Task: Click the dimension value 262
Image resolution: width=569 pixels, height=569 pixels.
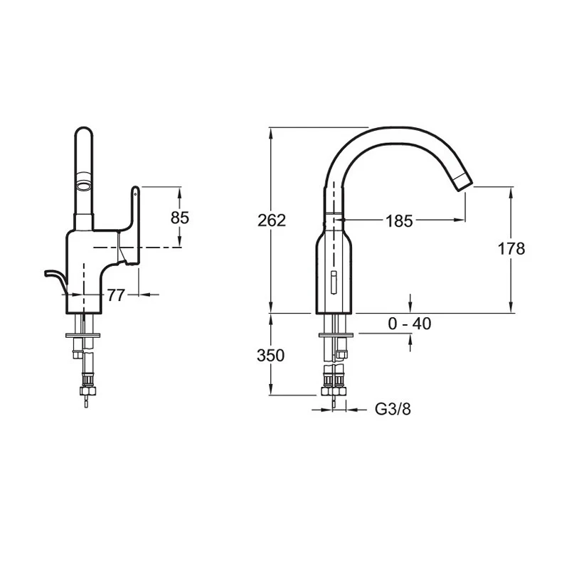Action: [x=272, y=220]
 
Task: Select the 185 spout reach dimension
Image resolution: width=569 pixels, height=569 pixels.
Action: [x=399, y=221]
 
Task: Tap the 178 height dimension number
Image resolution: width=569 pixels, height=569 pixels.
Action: [x=511, y=249]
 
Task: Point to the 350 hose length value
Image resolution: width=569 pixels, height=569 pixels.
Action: [x=271, y=356]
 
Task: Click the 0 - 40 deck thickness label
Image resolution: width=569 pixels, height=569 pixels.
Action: [x=410, y=324]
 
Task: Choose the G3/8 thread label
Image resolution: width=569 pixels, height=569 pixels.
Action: [x=393, y=410]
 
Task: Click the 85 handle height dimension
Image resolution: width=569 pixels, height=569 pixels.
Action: [x=180, y=218]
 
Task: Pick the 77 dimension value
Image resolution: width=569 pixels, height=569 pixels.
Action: [x=116, y=295]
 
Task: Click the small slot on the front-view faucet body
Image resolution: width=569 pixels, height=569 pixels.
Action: [x=334, y=282]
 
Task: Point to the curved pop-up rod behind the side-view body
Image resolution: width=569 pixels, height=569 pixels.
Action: [x=57, y=279]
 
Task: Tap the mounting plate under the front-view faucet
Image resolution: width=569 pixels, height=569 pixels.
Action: [x=336, y=335]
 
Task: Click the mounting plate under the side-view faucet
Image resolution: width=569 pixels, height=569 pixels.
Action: [x=83, y=335]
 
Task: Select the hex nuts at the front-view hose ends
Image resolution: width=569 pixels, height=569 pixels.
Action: [x=334, y=391]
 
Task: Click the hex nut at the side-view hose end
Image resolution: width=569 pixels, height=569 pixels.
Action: [x=88, y=390]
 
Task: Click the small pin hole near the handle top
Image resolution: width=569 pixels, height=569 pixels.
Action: [x=135, y=194]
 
